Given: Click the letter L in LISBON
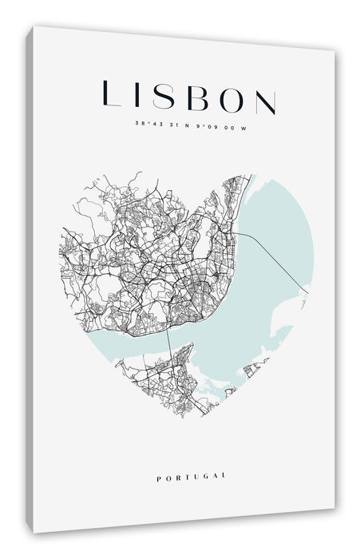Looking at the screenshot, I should click(x=112, y=94).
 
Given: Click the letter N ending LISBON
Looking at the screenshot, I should click(x=264, y=100).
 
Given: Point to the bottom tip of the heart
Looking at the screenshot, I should click(x=209, y=417).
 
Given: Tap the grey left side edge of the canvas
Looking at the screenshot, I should click(x=30, y=279).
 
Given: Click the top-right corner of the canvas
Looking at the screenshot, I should click(x=333, y=51).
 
